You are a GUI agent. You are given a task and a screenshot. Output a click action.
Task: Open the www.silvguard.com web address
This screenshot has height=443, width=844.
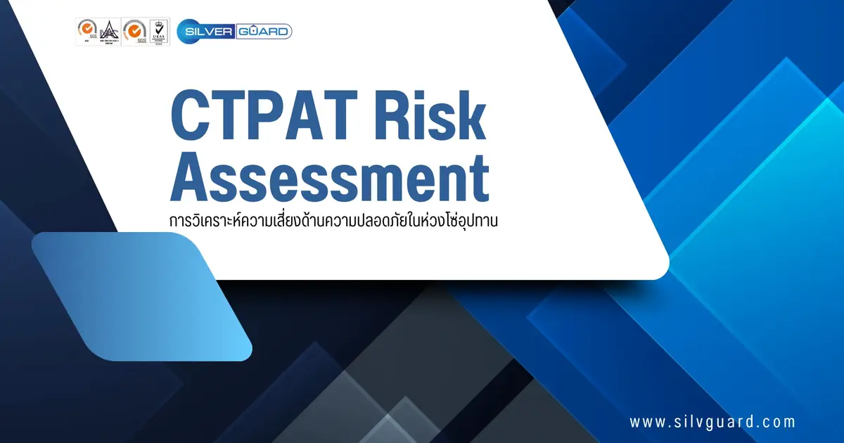coord(712,423)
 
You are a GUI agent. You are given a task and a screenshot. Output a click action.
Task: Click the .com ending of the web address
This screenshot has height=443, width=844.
coord(779,423)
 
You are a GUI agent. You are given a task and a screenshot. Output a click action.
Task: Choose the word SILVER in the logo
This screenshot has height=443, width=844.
coord(206,31)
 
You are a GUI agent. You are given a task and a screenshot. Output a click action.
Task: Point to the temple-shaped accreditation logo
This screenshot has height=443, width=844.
coord(108,30)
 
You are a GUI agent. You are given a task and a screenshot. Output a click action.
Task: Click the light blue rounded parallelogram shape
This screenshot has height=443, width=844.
coord(141,296)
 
